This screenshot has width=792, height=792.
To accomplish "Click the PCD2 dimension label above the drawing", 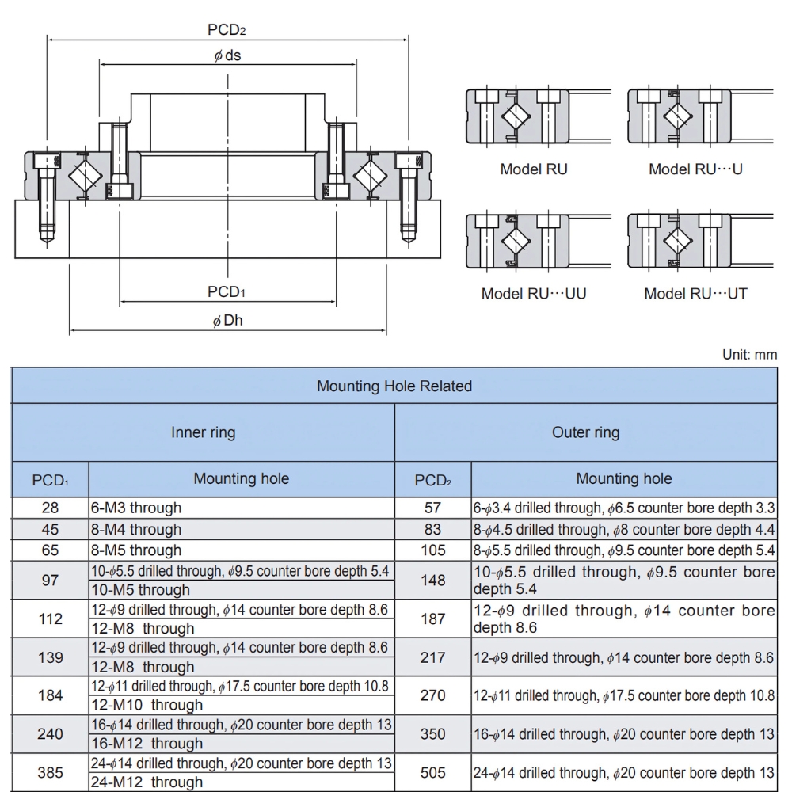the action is coord(227,30).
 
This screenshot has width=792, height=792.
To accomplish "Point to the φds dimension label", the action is coord(227,55).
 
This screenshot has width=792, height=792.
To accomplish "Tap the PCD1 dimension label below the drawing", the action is coord(226,292).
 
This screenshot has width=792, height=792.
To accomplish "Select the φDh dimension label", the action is coord(227,320).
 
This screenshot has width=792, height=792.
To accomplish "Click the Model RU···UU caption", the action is coord(533,294).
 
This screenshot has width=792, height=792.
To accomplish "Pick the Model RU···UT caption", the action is coord(695,294).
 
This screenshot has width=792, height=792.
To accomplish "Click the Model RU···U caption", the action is coord(695,169).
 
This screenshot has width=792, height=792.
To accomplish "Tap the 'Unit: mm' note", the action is coord(749,355).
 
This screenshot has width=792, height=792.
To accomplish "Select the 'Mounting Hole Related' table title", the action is coord(394,386).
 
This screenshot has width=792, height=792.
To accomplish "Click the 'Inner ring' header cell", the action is coord(203,432).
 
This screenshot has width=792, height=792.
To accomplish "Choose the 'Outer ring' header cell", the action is coord(585,432).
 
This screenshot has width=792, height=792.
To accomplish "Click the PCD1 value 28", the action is coord(50,508).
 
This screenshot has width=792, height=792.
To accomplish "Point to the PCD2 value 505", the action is coord(433,772).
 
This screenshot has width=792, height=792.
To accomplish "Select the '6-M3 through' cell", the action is coord(136,508).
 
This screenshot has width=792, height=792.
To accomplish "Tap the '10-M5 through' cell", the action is coord(140,589).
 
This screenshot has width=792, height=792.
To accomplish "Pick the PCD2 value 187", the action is coord(433,619).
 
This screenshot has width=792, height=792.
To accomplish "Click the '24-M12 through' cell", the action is coord(147,782).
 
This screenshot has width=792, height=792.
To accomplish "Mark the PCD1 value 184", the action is coord(50,695).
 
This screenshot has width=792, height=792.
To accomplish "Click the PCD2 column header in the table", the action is coord(433,480).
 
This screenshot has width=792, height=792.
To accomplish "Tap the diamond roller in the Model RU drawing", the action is coord(516,117).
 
